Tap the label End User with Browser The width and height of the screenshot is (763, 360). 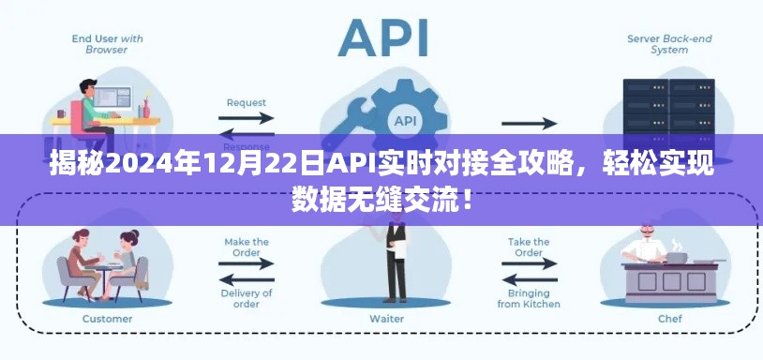[108, 45]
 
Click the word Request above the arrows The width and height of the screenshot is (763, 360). [247, 102]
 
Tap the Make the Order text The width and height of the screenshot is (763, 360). [247, 247]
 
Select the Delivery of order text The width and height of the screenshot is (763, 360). [247, 298]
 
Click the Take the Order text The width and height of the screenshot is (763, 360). [529, 247]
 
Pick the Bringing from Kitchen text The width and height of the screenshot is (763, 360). [529, 298]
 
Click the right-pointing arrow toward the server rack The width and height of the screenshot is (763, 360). [528, 122]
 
